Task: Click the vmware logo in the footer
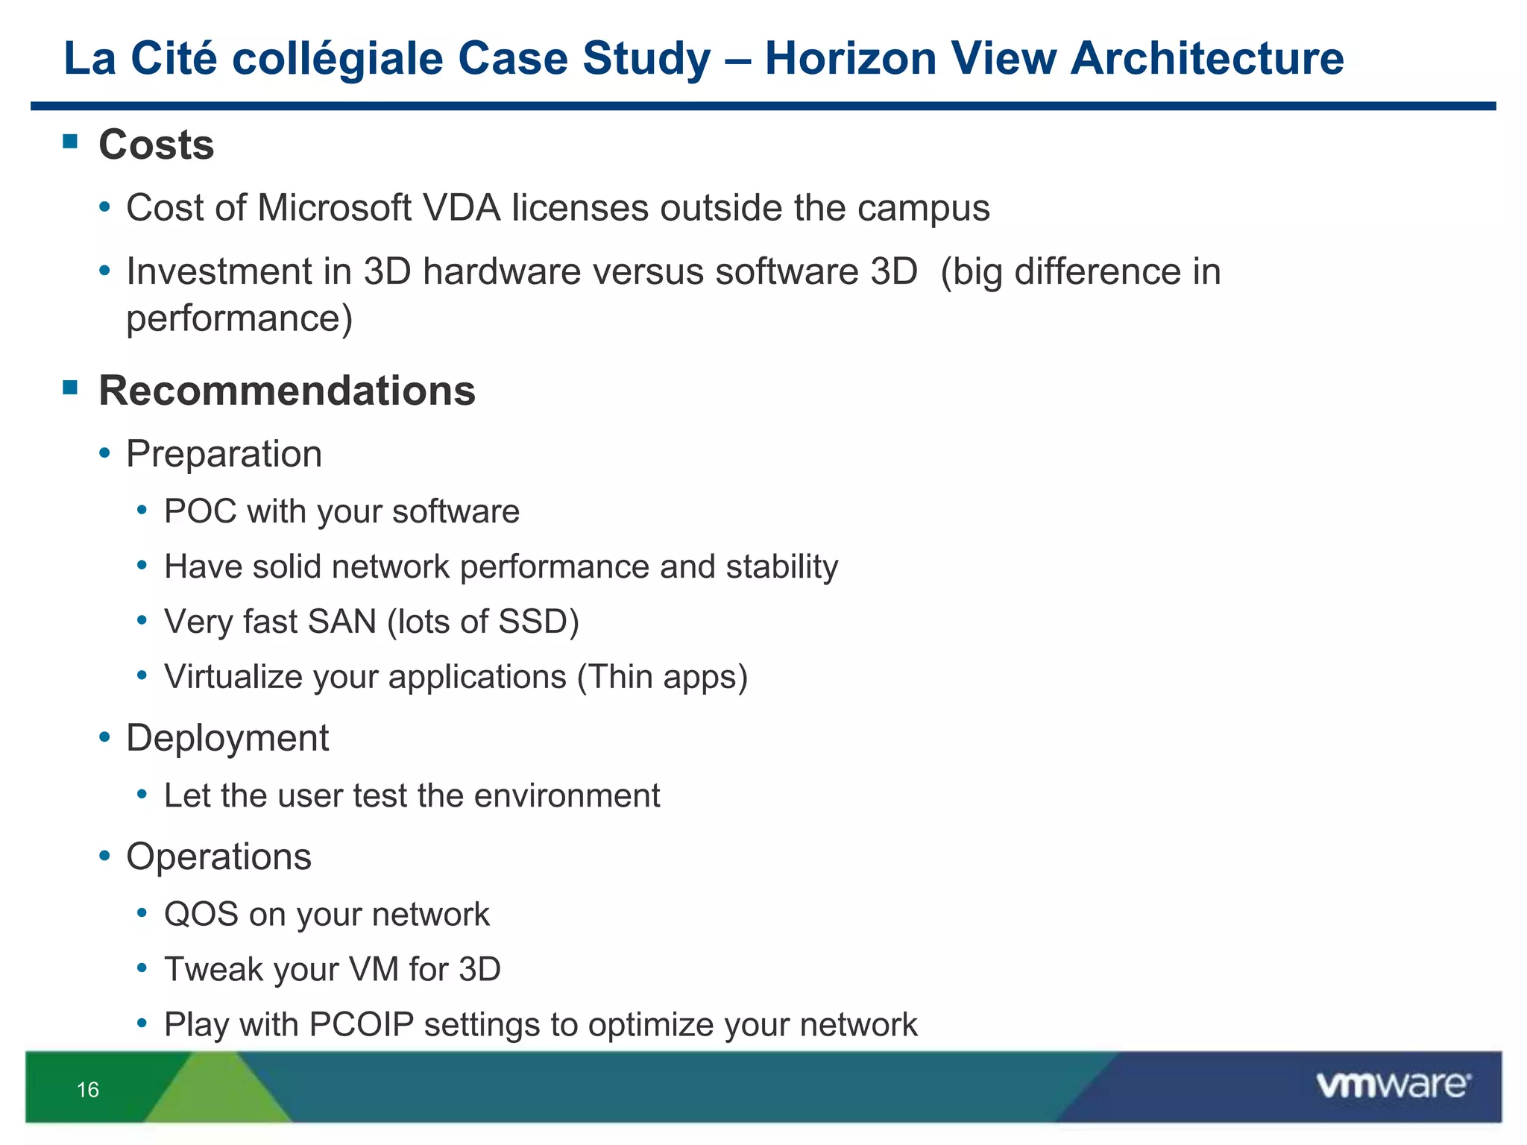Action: coord(1393,1085)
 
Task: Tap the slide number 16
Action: coord(88,1090)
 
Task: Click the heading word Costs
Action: coord(157,145)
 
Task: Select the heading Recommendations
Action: coord(287,391)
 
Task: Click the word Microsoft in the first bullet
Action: coord(334,208)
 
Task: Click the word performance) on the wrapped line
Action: coord(239,319)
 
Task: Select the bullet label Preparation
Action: coord(224,454)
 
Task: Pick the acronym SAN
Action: coord(341,622)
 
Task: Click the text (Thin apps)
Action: coord(662,678)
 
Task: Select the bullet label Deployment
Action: coord(227,739)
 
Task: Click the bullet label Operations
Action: coord(218,857)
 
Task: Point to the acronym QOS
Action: coord(201,915)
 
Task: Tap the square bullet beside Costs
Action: coord(71,142)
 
